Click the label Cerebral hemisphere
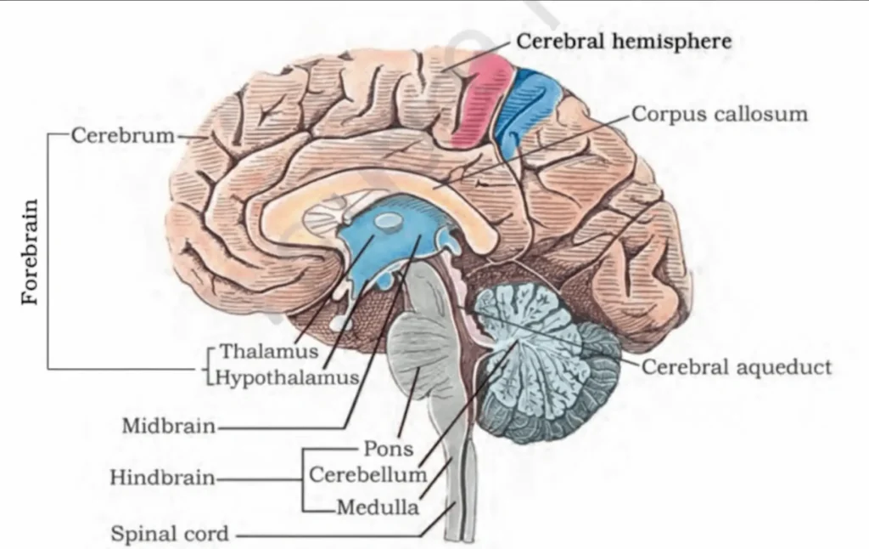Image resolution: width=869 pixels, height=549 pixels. coord(624,41)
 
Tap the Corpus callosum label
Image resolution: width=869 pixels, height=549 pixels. coord(720,114)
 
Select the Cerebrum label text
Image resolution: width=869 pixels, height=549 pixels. coord(123,135)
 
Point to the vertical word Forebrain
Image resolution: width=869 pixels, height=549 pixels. coord(31,252)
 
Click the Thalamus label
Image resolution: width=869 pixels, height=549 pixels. coord(269,351)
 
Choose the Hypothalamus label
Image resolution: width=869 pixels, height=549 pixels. coord(287,377)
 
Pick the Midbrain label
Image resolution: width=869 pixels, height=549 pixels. coord(169,425)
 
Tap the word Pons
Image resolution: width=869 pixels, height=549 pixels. coord(388,449)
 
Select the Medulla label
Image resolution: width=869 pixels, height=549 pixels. coord(378,508)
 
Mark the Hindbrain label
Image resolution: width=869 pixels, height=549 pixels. coord(162,478)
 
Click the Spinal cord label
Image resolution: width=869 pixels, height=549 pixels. coord(170,535)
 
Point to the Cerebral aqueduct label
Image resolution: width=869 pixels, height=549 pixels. coord(737,367)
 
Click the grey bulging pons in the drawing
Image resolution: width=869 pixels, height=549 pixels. coord(418,357)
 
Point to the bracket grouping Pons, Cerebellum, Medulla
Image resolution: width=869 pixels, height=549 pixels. coord(303,478)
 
